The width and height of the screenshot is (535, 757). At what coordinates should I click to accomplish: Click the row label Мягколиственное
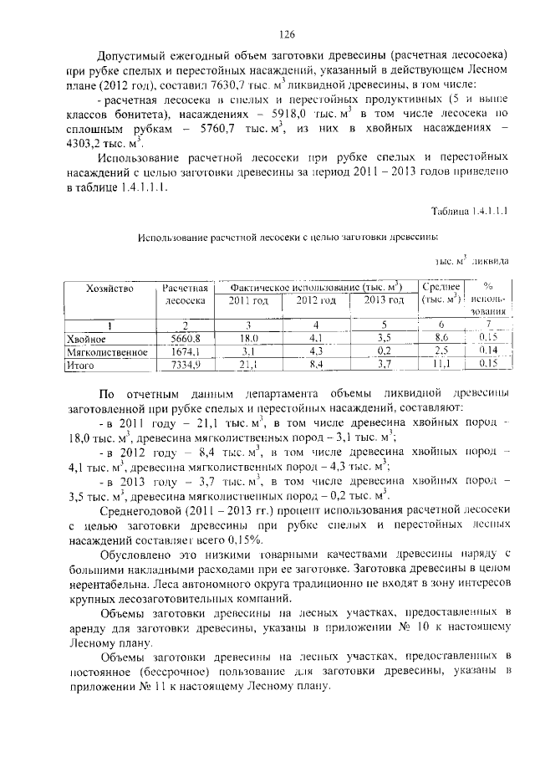(108, 352)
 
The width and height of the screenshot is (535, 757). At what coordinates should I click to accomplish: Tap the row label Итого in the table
(82, 365)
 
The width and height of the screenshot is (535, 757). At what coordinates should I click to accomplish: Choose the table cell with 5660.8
(186, 339)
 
